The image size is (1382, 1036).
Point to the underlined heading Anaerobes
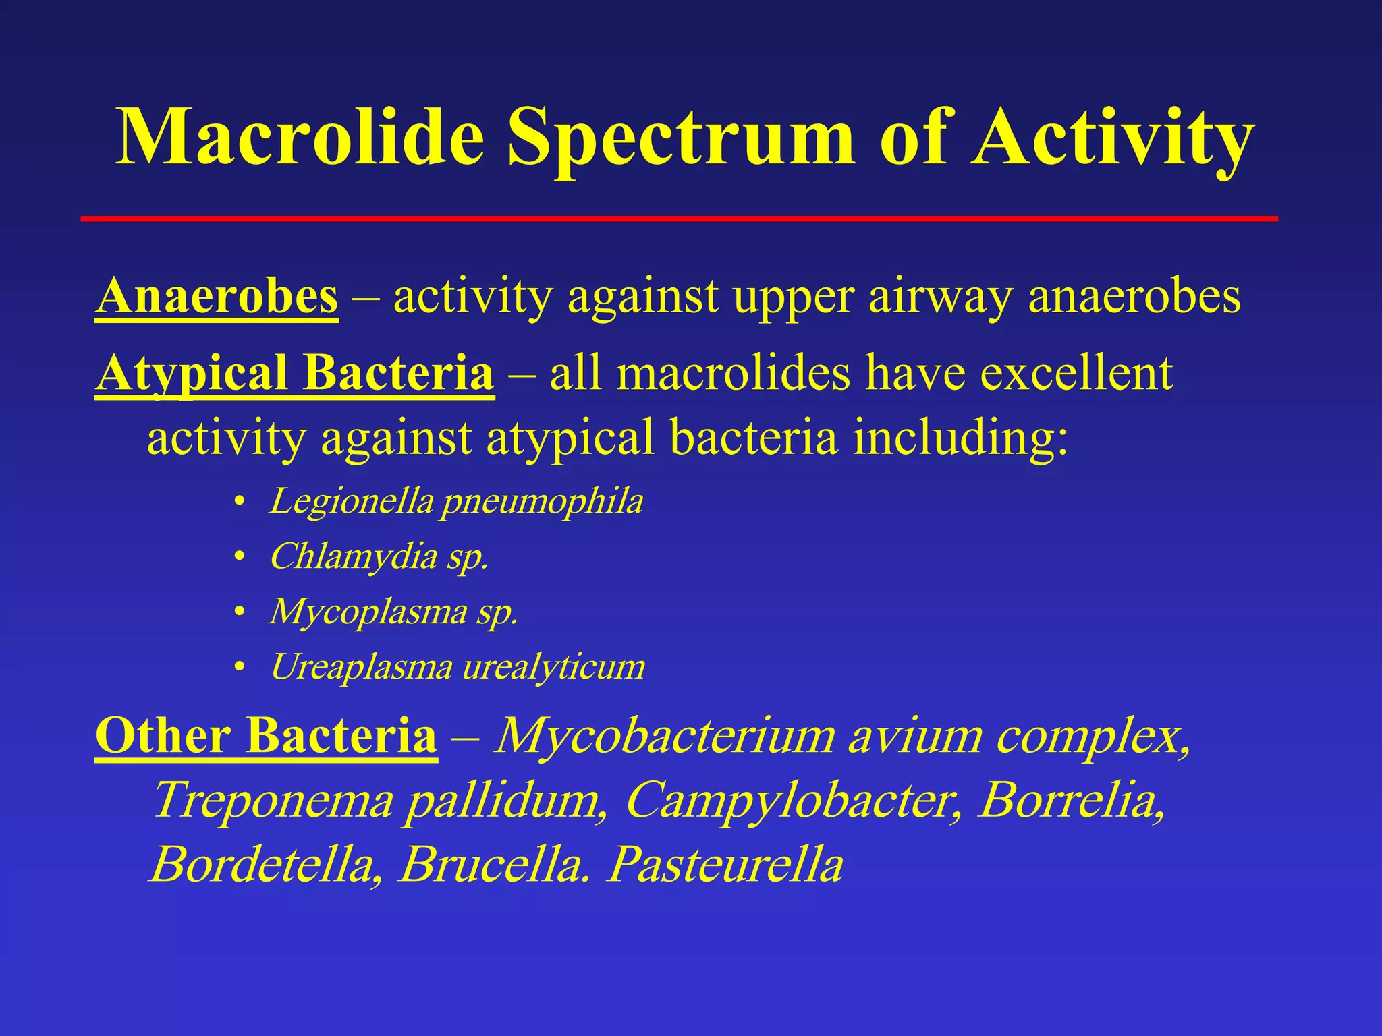[217, 297]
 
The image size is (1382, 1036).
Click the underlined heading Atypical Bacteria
[295, 373]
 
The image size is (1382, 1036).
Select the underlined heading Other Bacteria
[267, 735]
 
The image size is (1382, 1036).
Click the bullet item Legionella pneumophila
[456, 502]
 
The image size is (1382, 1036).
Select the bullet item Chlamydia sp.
[379, 557]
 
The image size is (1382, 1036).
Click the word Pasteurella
[725, 865]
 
